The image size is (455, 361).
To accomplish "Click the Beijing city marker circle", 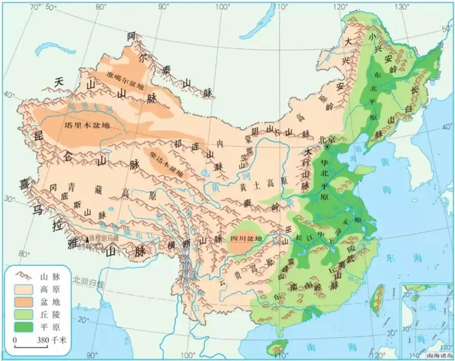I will tap(327, 147).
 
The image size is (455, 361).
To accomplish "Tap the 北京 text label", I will tap(327, 139).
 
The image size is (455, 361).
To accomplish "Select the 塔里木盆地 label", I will tap(87, 125).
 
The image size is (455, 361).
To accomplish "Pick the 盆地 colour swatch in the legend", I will tap(24, 301).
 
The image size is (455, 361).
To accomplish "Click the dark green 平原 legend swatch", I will tap(24, 327).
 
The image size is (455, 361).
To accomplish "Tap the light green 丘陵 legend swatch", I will tap(24, 314).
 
